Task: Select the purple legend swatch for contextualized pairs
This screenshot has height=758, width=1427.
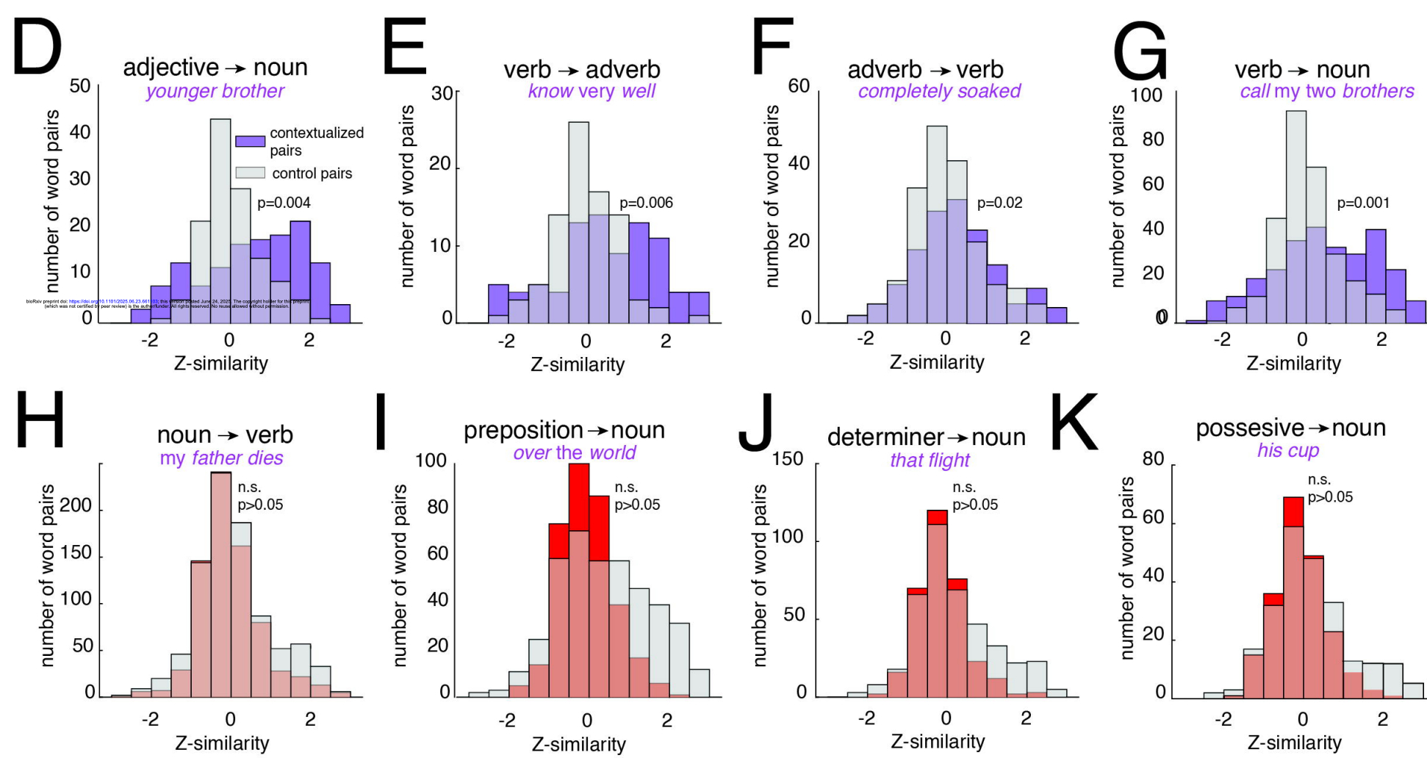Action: [250, 141]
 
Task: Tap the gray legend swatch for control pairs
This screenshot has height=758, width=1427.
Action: [250, 173]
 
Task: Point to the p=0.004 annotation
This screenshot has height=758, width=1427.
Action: [284, 203]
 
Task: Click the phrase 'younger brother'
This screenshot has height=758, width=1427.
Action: [215, 91]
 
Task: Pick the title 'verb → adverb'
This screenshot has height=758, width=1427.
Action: [581, 70]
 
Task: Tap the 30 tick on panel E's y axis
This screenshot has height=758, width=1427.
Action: [442, 93]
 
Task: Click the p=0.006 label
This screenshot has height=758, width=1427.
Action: [646, 203]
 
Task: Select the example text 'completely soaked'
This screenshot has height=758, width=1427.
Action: [939, 91]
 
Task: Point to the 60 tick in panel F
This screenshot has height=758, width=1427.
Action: [799, 86]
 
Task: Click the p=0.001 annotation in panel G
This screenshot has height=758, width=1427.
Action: [1363, 203]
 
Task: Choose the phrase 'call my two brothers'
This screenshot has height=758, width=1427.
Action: [1326, 91]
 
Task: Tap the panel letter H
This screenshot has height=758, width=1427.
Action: [40, 419]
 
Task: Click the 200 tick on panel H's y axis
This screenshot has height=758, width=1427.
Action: [76, 505]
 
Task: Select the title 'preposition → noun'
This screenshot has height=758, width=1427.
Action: [564, 430]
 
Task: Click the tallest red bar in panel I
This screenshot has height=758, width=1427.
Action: [579, 499]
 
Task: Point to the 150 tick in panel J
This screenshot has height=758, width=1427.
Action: [788, 459]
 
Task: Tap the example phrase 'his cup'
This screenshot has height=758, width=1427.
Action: [1288, 450]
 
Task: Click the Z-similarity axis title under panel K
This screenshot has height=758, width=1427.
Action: [1294, 743]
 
